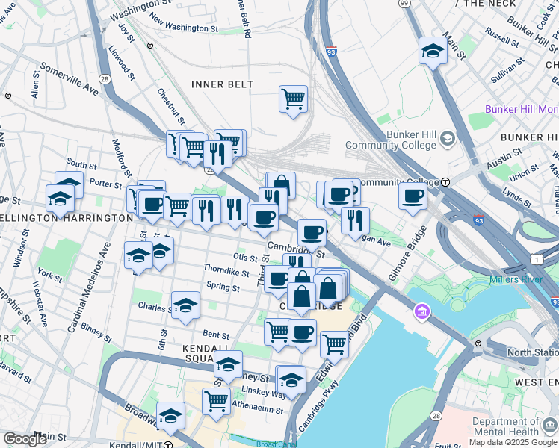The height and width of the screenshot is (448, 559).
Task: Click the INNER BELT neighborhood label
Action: point(222,84)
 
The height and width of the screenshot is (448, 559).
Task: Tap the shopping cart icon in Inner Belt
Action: point(293,99)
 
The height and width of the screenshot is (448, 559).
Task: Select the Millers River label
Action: point(515,280)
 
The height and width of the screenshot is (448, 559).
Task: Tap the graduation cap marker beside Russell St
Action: point(432,51)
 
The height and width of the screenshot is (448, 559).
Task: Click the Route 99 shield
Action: point(404,4)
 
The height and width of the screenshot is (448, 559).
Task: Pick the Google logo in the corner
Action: point(25,439)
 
